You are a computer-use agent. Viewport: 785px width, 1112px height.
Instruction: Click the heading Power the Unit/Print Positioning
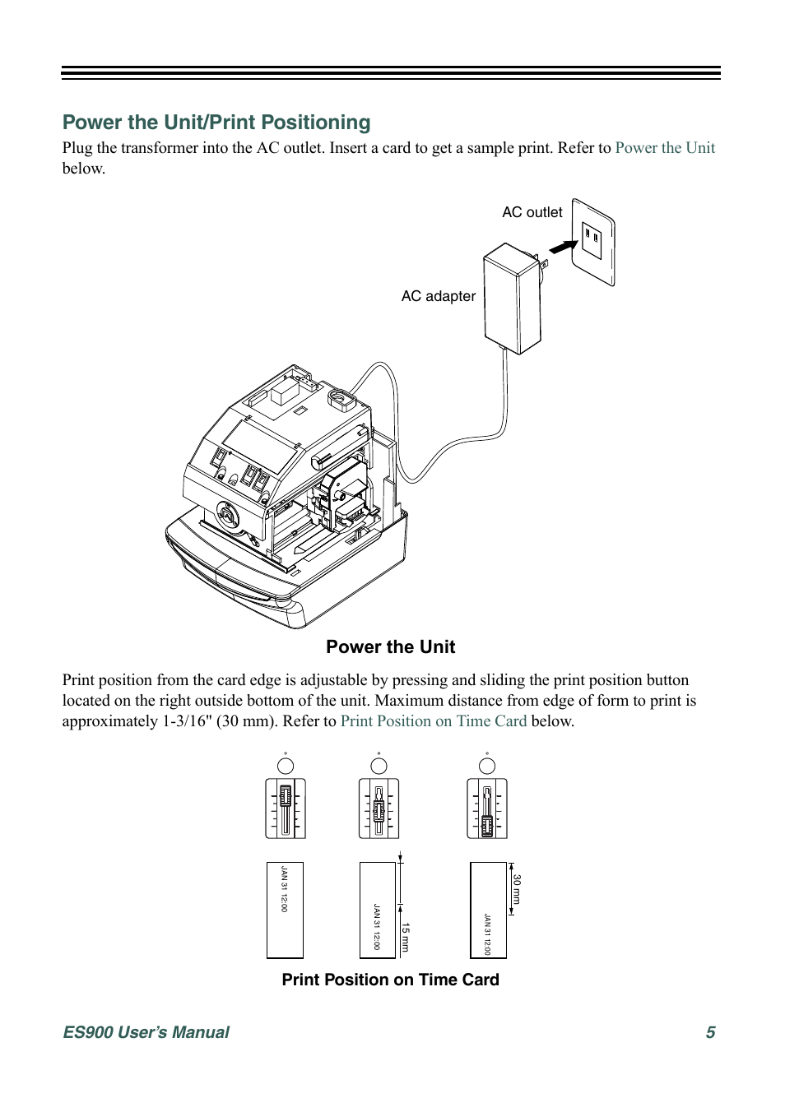(216, 123)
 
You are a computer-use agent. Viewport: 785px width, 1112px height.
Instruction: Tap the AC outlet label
(532, 212)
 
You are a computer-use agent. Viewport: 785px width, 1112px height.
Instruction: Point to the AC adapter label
(438, 296)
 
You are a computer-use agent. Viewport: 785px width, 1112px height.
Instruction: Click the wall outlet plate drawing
(593, 242)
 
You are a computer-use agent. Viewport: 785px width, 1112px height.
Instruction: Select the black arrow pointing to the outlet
(563, 247)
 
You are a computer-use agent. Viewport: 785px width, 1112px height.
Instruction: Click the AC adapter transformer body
(512, 299)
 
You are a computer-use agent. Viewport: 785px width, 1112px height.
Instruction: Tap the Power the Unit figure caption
(390, 647)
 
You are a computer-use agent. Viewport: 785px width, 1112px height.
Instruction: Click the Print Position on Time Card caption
(390, 980)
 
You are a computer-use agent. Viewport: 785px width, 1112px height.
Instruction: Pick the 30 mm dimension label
(517, 889)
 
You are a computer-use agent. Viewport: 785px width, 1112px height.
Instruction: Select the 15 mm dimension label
(406, 937)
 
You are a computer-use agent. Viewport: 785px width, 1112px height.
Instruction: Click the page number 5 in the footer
(710, 1032)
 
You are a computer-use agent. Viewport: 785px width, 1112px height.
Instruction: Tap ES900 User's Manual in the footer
(146, 1032)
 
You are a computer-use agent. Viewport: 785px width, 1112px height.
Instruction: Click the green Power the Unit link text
(665, 148)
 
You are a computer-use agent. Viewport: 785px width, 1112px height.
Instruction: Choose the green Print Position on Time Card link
(434, 721)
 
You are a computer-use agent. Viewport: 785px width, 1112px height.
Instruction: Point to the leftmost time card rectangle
(285, 910)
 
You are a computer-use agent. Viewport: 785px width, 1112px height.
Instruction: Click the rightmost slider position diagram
(487, 809)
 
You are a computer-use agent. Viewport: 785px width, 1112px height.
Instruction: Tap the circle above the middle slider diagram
(379, 766)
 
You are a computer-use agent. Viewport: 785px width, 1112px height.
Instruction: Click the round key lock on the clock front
(227, 516)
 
